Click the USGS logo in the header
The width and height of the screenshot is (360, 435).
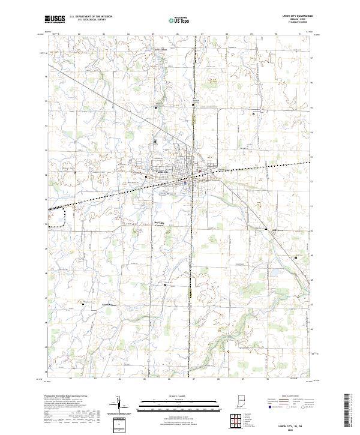click(x=55, y=19)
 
